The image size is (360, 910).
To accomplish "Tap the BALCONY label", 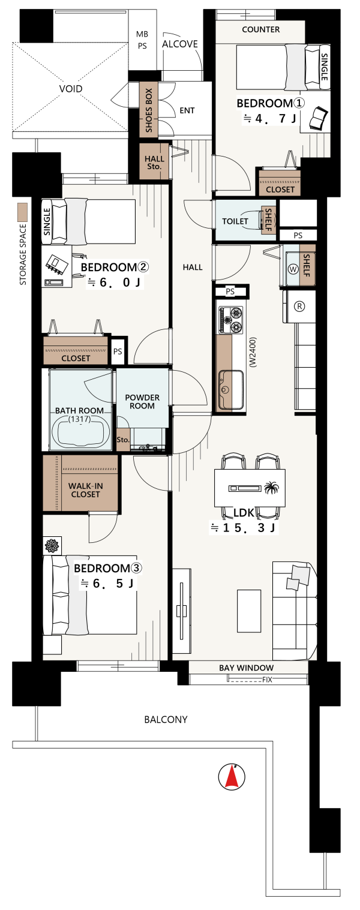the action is (x=166, y=720).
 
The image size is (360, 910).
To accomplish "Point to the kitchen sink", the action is (x=231, y=390).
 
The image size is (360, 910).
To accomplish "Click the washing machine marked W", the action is (x=293, y=269).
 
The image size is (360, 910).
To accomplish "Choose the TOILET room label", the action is (x=235, y=221).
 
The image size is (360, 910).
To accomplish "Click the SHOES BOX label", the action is (x=149, y=110).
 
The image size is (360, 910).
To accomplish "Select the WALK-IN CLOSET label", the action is (x=85, y=490).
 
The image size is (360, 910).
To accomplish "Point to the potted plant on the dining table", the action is (x=271, y=488).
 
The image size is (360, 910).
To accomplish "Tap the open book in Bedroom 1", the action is (x=317, y=119).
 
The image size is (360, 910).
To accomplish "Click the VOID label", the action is (x=71, y=89).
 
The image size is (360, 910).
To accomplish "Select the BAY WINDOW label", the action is (x=246, y=668).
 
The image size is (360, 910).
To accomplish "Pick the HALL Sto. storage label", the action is (x=154, y=163).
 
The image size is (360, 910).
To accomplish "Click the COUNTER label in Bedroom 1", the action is (x=261, y=29).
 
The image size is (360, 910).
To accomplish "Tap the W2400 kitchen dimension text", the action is (x=253, y=352).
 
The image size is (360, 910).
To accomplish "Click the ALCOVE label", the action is (x=180, y=44).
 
